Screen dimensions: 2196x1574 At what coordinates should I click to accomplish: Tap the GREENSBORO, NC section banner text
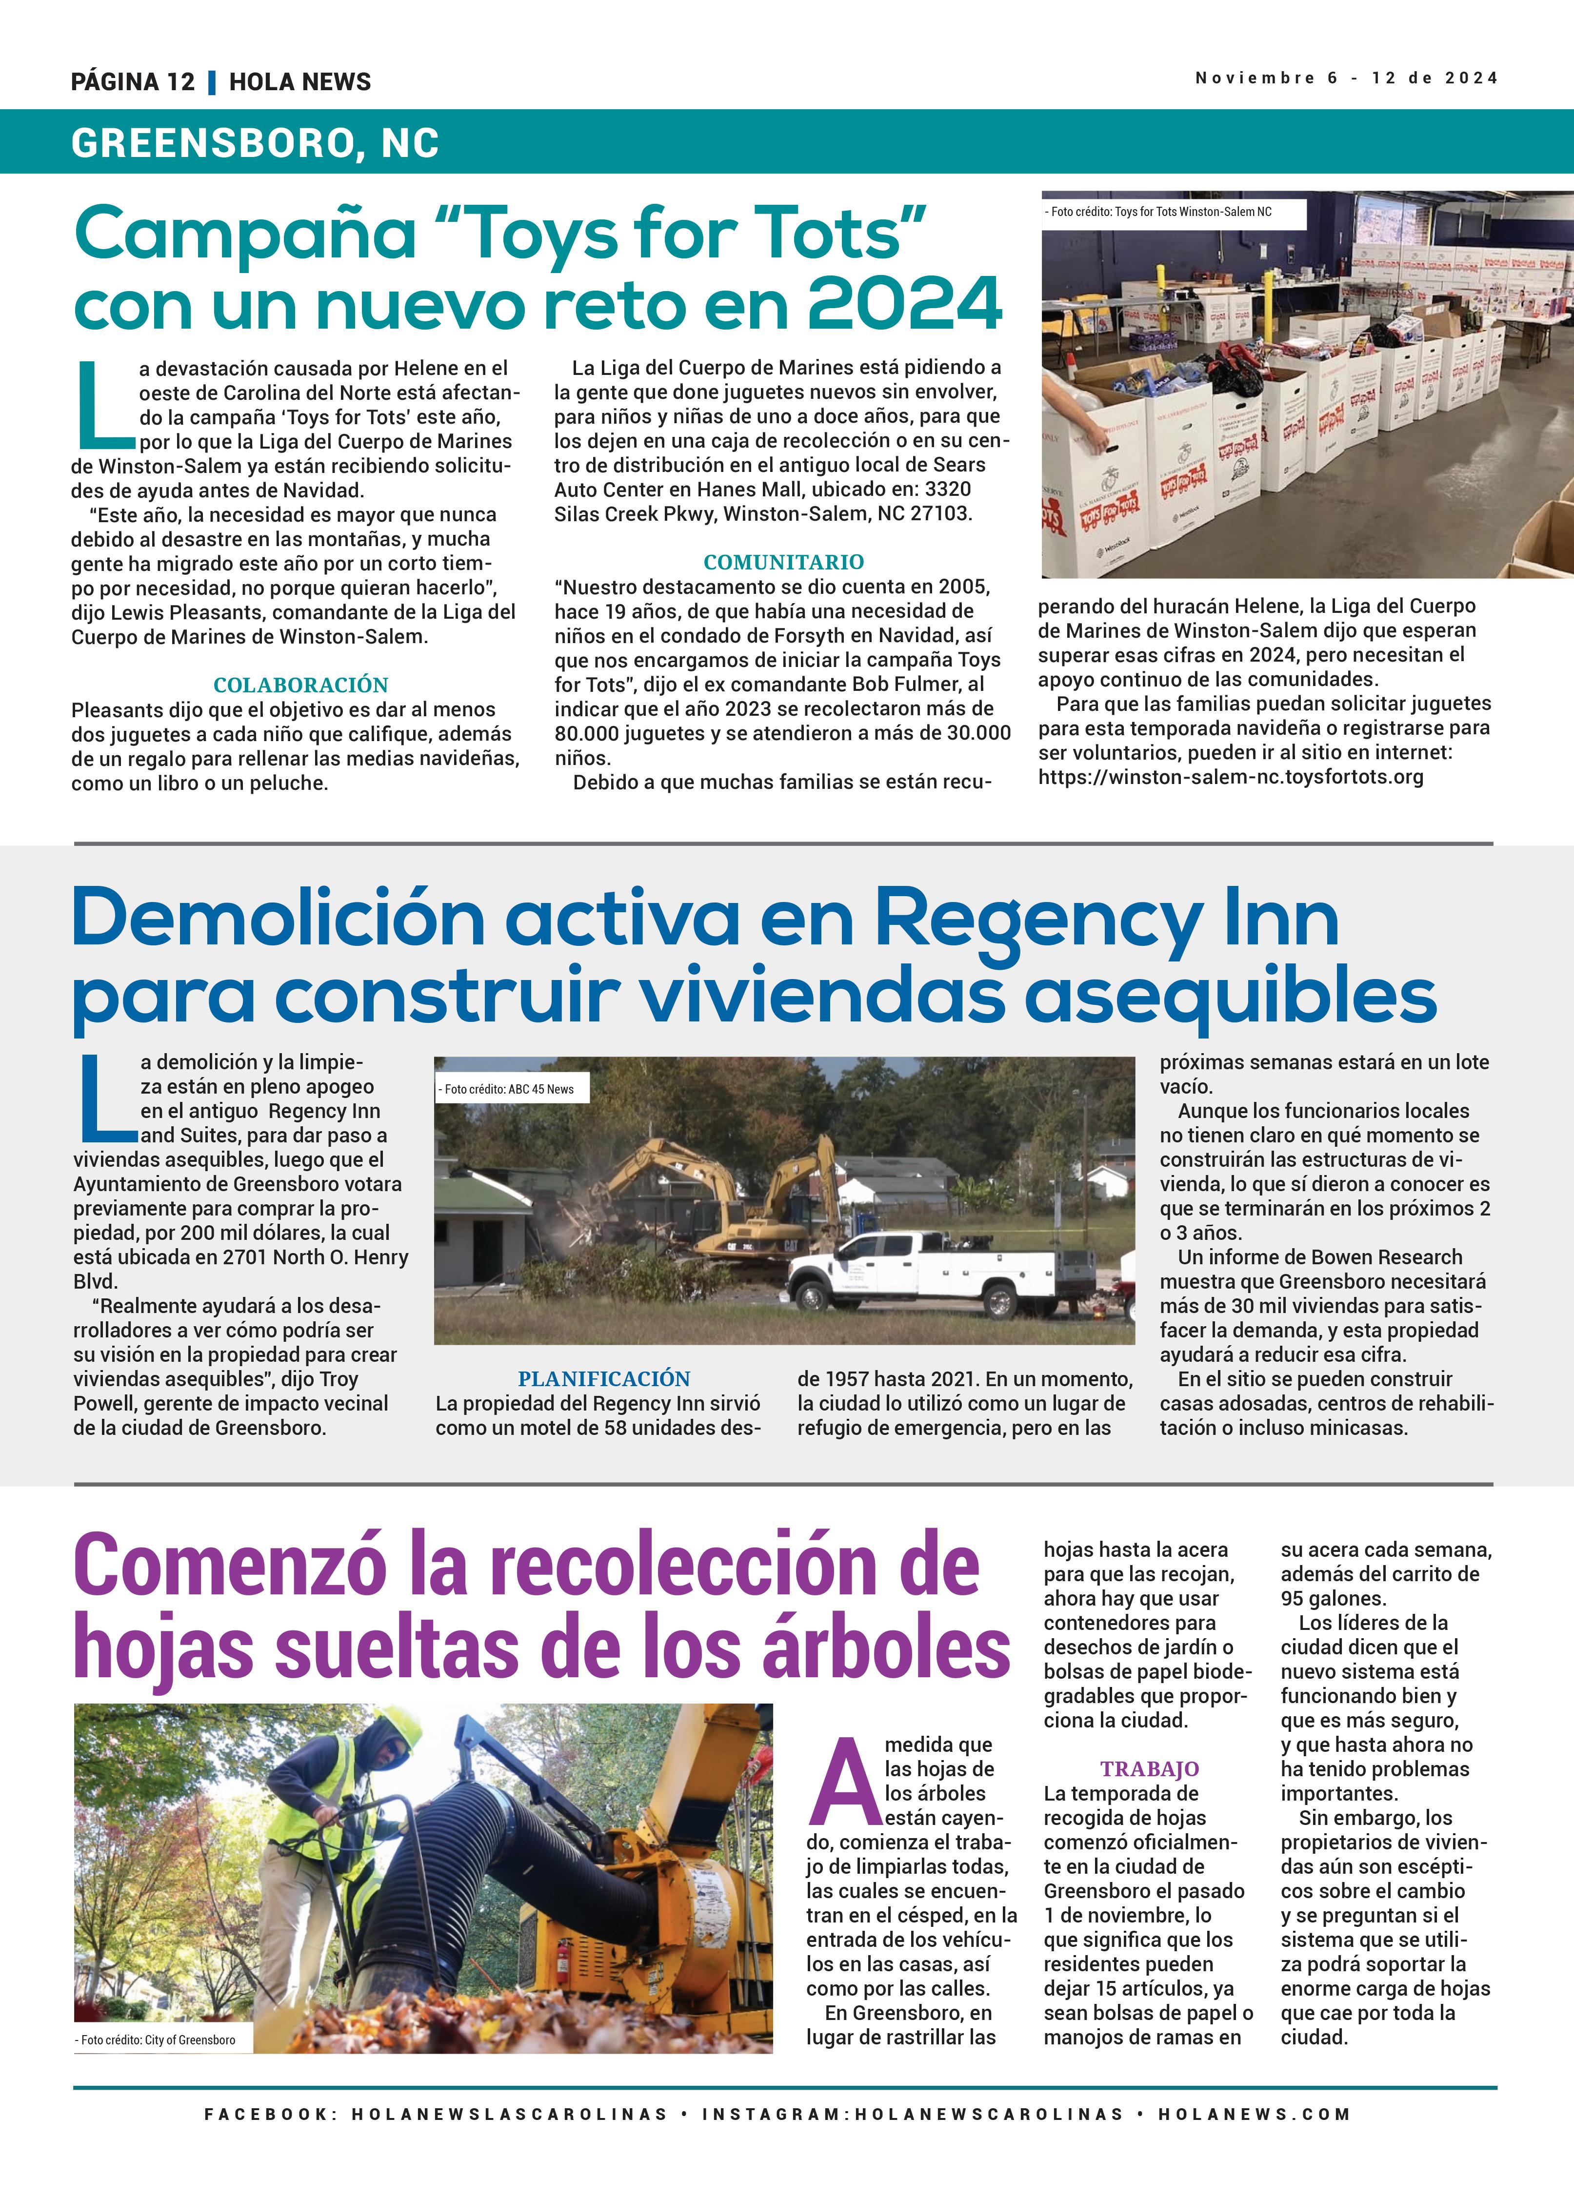[x=255, y=143]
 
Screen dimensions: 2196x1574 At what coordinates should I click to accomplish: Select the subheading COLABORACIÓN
[x=300, y=685]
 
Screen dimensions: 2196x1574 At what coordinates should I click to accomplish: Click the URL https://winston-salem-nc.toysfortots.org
[x=1230, y=777]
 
